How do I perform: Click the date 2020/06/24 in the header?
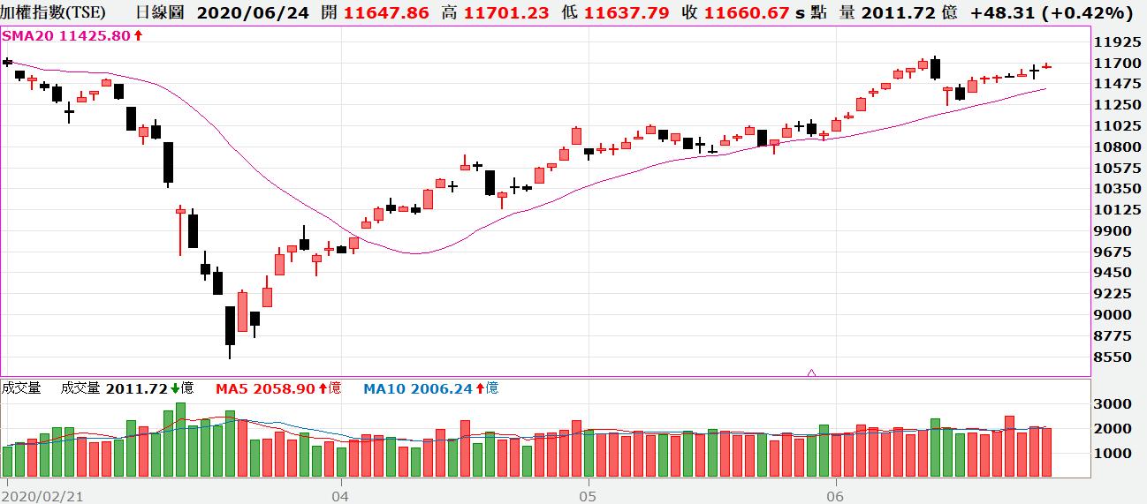click(x=253, y=13)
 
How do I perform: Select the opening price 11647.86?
click(x=386, y=13)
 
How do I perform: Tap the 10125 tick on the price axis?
click(x=1116, y=210)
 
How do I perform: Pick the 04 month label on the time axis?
click(x=340, y=497)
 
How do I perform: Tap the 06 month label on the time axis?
click(x=835, y=497)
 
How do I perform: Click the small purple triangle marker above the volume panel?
click(x=811, y=373)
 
